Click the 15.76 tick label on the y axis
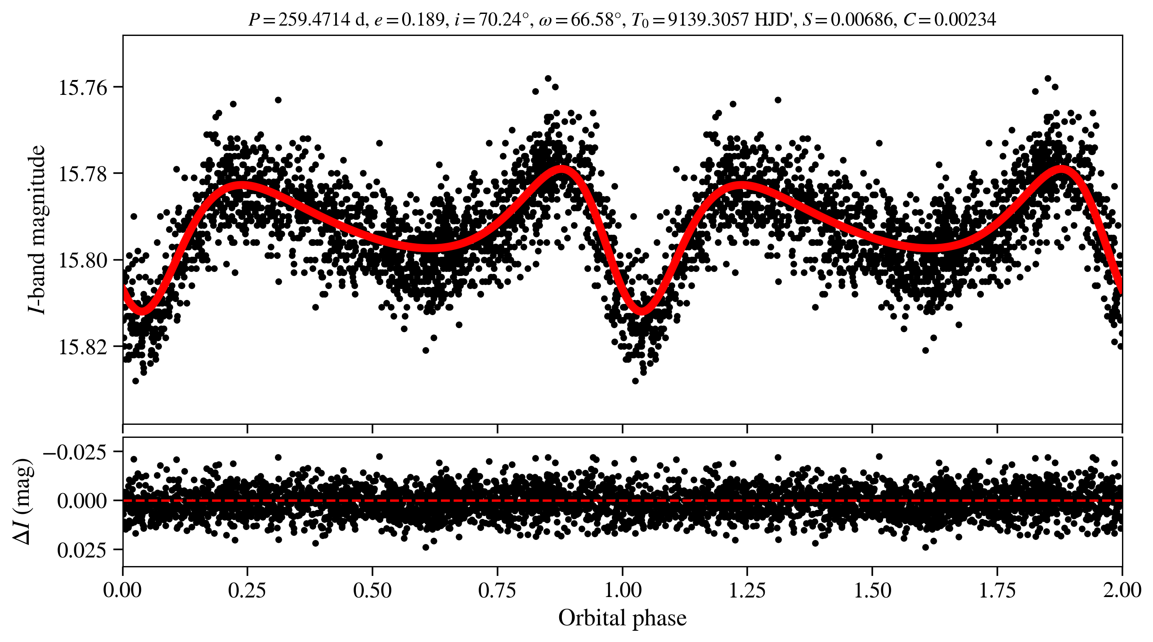[x=83, y=87]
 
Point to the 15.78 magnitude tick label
[x=83, y=174]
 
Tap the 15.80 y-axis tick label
[x=83, y=260]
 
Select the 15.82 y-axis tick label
[x=83, y=347]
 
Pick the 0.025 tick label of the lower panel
[x=82, y=549]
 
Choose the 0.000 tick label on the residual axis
[x=82, y=500]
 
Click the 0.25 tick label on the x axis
[x=247, y=590]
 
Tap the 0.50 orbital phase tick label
[x=372, y=590]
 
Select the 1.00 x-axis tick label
[x=622, y=590]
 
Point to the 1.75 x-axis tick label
[x=997, y=590]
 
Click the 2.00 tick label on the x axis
[x=1122, y=590]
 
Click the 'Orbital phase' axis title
[x=622, y=618]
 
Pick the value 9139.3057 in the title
[x=708, y=19]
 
